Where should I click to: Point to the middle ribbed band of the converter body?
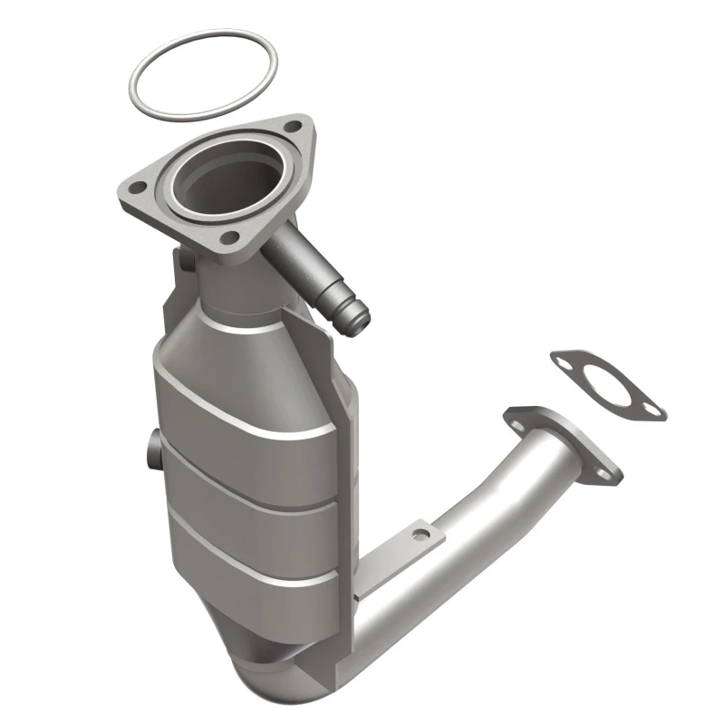pos(249,489)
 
